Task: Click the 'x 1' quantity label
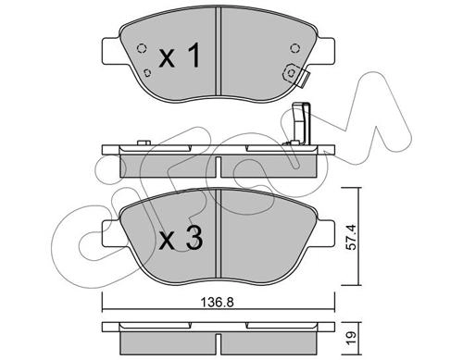pyautogui.click(x=180, y=56)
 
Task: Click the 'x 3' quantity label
pyautogui.click(x=181, y=238)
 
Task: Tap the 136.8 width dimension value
pyautogui.click(x=218, y=303)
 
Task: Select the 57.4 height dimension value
pyautogui.click(x=351, y=237)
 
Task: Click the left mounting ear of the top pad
pyautogui.click(x=110, y=52)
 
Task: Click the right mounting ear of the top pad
pyautogui.click(x=325, y=52)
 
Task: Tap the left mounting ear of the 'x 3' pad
pyautogui.click(x=110, y=233)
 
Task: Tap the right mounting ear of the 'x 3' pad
pyautogui.click(x=325, y=233)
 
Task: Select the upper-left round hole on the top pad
pyautogui.click(x=141, y=48)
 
